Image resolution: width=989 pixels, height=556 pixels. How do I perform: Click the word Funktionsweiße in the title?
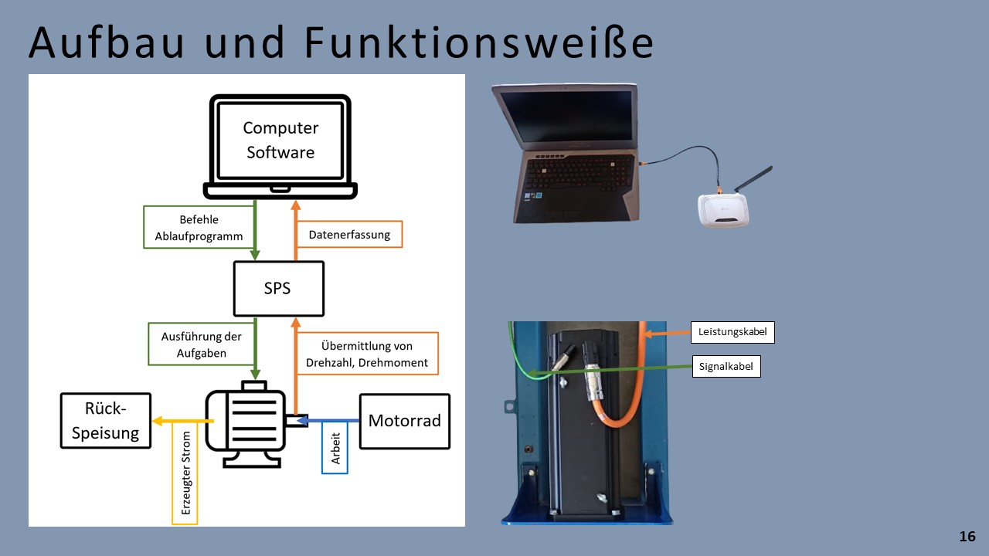pyautogui.click(x=478, y=43)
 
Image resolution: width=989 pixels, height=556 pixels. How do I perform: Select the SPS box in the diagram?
pyautogui.click(x=278, y=289)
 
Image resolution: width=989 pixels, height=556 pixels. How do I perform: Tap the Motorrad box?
pyautogui.click(x=404, y=421)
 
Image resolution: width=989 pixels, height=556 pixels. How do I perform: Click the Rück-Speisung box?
pyautogui.click(x=105, y=421)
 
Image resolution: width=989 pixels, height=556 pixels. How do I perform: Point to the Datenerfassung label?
pyautogui.click(x=349, y=234)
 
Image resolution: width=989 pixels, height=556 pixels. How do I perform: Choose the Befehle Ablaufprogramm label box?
pyautogui.click(x=199, y=227)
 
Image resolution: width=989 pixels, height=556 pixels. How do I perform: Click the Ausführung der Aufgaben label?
pyautogui.click(x=201, y=344)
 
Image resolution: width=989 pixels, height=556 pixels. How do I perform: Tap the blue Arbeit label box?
pyautogui.click(x=335, y=448)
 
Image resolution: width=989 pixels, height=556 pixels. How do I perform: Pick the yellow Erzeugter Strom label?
pyautogui.click(x=185, y=473)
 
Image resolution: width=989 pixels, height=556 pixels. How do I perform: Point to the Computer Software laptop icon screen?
pyautogui.click(x=280, y=140)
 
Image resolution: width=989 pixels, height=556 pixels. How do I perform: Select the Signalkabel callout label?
pyautogui.click(x=726, y=367)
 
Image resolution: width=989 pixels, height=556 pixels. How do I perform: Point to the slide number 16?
pyautogui.click(x=967, y=537)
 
